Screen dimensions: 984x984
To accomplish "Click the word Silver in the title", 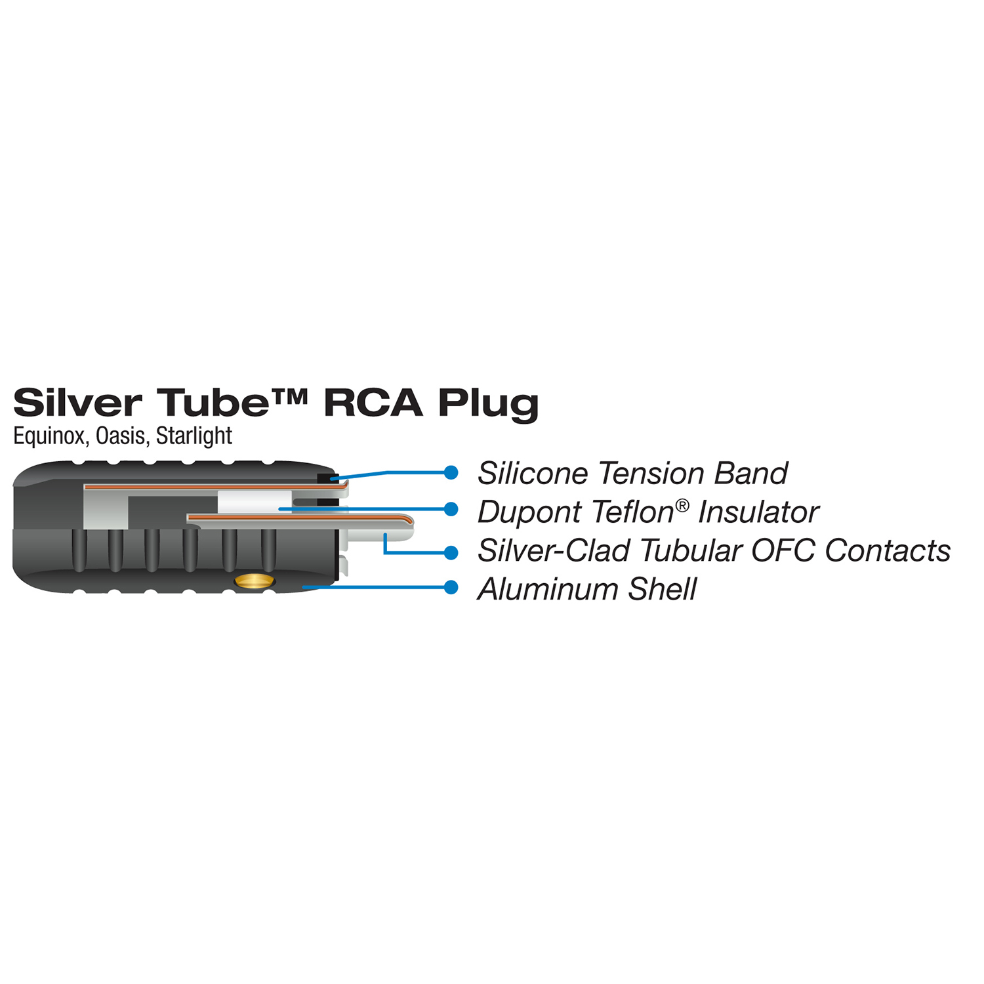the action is [x=77, y=402].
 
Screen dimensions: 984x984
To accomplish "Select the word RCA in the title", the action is [x=373, y=402].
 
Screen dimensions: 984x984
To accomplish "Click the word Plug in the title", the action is [x=488, y=403].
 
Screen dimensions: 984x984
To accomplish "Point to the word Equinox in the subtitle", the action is [x=50, y=436].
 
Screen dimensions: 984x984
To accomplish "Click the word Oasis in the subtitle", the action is [x=122, y=436].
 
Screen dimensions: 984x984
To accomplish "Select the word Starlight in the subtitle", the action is [x=194, y=436].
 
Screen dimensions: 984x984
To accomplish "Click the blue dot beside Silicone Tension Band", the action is [x=451, y=472].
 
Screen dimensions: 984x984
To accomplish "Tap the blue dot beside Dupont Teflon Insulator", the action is [x=451, y=509].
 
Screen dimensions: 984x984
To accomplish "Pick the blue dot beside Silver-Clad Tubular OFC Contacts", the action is [x=451, y=553].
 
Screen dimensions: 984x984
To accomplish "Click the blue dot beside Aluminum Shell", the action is [x=451, y=587].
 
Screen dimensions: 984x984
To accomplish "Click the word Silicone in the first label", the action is [x=533, y=474].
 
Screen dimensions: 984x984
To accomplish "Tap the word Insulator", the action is [x=758, y=512].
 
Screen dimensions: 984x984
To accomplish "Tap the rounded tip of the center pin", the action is [x=409, y=522].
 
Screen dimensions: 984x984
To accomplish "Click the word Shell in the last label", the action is [x=662, y=589].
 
